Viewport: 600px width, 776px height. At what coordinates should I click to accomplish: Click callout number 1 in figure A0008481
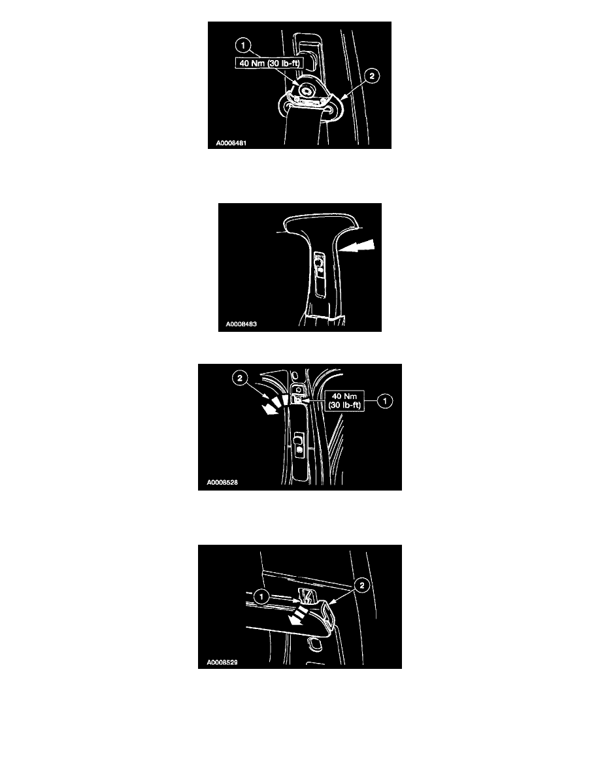pyautogui.click(x=242, y=46)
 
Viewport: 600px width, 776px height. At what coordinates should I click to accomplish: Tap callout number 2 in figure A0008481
pyautogui.click(x=372, y=76)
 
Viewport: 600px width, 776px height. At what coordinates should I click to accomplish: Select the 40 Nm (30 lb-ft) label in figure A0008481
pyautogui.click(x=269, y=63)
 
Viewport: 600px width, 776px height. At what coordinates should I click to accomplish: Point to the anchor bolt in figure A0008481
pyautogui.click(x=307, y=91)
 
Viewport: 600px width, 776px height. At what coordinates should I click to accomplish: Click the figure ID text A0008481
pyautogui.click(x=231, y=143)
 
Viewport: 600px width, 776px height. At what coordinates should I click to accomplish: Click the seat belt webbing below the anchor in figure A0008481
pyautogui.click(x=303, y=130)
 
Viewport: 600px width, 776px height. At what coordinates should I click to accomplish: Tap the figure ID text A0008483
pyautogui.click(x=241, y=324)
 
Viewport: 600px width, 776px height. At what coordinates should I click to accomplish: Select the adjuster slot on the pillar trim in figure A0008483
pyautogui.click(x=320, y=274)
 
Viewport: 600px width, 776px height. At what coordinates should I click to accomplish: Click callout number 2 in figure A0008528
pyautogui.click(x=240, y=379)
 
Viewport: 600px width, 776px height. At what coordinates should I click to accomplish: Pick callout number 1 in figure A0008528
pyautogui.click(x=385, y=400)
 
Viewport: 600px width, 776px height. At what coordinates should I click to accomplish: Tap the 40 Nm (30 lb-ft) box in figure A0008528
pyautogui.click(x=344, y=400)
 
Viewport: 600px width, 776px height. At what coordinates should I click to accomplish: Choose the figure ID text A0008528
pyautogui.click(x=222, y=482)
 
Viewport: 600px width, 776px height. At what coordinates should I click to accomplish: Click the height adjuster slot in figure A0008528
pyautogui.click(x=299, y=444)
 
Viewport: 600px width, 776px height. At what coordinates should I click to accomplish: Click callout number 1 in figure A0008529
pyautogui.click(x=261, y=597)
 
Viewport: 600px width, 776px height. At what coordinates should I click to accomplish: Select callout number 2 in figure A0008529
pyautogui.click(x=362, y=585)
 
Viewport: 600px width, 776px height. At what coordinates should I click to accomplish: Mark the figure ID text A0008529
pyautogui.click(x=222, y=662)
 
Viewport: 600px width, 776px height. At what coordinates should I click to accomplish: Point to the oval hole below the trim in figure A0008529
pyautogui.click(x=314, y=643)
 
